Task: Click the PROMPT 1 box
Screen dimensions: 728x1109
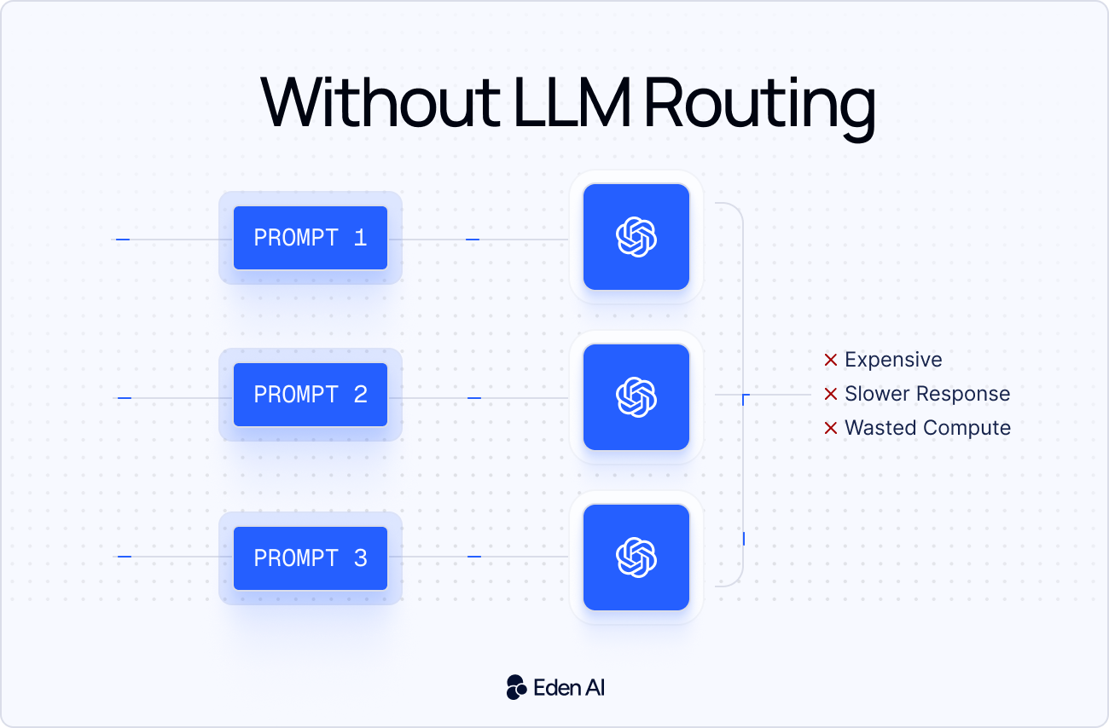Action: [310, 238]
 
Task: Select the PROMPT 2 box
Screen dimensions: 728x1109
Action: [310, 395]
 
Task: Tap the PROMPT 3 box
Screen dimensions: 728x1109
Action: [310, 558]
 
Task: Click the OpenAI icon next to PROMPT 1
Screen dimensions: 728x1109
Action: [636, 237]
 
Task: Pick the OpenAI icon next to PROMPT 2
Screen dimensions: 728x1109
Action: [636, 397]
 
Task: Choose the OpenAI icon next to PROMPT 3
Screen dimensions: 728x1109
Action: [636, 558]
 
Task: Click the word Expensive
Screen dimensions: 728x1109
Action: [893, 360]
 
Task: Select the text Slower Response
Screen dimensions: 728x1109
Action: [927, 394]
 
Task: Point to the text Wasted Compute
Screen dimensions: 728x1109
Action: [927, 428]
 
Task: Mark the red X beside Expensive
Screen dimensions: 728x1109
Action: [830, 361]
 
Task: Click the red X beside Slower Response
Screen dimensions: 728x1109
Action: [830, 395]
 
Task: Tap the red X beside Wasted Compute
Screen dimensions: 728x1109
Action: [830, 429]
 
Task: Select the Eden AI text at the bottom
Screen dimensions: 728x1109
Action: [569, 687]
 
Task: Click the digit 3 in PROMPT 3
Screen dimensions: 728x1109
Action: [360, 558]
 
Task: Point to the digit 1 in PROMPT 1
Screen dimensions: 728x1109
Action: [360, 238]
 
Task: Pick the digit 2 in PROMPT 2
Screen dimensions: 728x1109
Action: [360, 395]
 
